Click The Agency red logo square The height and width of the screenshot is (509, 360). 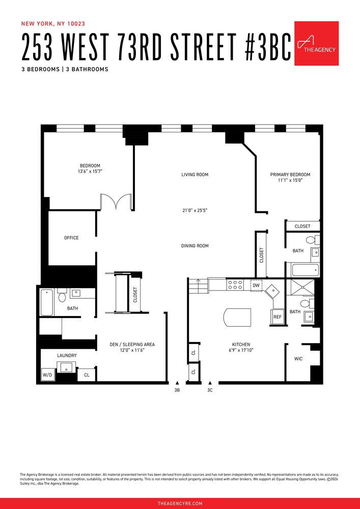click(316, 43)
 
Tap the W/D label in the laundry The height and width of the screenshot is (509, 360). click(47, 376)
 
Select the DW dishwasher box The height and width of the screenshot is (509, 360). click(256, 286)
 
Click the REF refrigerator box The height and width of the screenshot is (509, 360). click(278, 317)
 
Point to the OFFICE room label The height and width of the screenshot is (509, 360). click(71, 238)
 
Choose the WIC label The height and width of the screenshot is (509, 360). click(298, 359)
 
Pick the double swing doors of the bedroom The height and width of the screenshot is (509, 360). click(117, 202)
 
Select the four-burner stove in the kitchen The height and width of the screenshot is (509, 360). click(235, 285)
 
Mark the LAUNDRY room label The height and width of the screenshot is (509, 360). click(67, 355)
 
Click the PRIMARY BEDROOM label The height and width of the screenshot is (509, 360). click(290, 175)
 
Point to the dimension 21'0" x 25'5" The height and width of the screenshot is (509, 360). click(195, 210)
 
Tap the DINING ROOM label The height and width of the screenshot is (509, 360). click(195, 246)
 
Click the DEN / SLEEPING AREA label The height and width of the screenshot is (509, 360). click(132, 345)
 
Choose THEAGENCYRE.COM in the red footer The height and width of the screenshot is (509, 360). click(180, 503)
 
